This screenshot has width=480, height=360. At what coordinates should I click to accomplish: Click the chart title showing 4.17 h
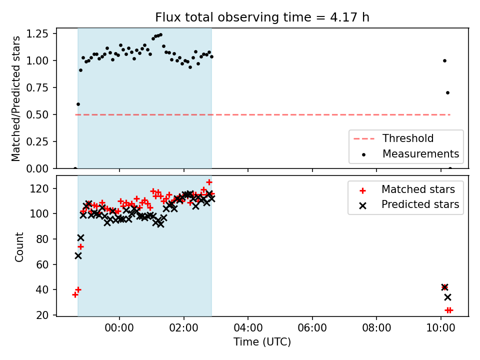tap(262, 17)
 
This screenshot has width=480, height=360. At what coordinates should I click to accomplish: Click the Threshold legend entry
tap(393, 138)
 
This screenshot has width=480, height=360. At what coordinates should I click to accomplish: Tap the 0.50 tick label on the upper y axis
tap(37, 114)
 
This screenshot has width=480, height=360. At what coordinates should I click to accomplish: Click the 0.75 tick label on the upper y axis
tap(37, 87)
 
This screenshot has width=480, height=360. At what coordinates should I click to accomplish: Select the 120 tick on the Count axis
tap(39, 188)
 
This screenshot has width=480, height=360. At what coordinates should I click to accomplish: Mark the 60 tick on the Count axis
tap(42, 264)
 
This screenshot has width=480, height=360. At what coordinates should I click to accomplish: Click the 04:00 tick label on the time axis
tap(248, 328)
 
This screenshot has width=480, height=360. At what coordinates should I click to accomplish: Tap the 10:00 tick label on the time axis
tap(440, 328)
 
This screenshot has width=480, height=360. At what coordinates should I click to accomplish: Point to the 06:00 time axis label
tap(312, 328)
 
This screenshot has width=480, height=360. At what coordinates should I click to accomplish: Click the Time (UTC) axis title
tap(262, 341)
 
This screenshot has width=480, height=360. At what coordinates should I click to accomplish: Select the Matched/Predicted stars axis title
tap(15, 98)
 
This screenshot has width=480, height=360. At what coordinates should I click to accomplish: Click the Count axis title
tap(19, 246)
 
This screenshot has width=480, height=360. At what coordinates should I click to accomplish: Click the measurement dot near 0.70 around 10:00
tap(447, 93)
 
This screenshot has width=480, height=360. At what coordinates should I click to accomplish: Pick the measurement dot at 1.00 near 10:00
tap(444, 60)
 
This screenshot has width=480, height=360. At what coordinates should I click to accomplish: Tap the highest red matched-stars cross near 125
tap(209, 182)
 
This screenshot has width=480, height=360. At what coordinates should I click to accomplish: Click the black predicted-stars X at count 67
tap(78, 255)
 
